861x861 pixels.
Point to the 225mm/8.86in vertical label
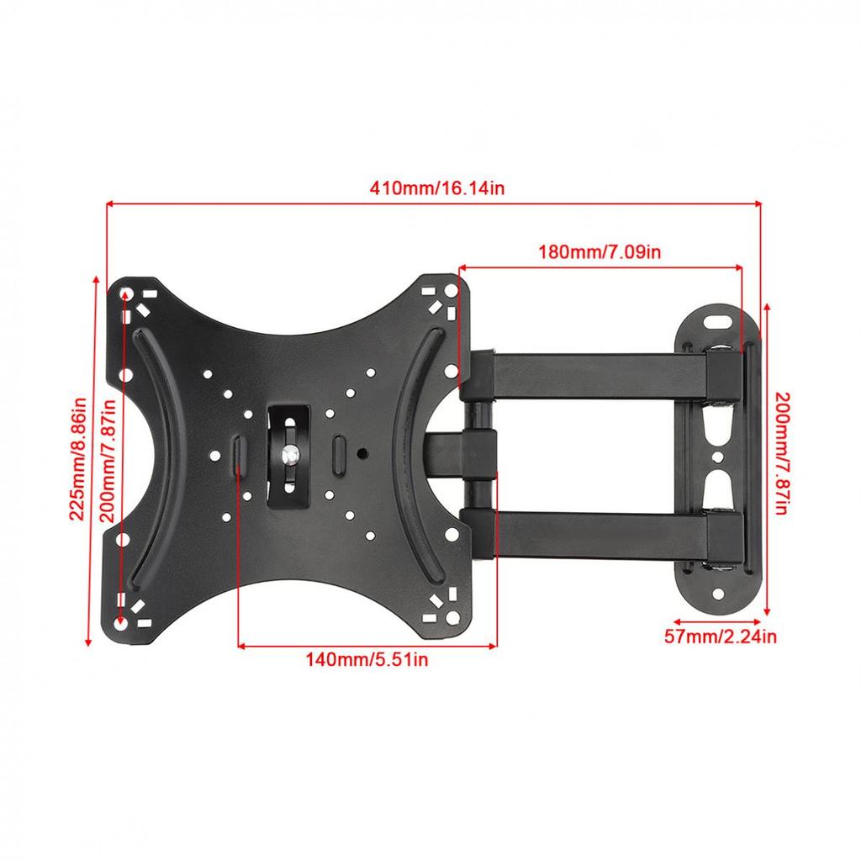(78, 459)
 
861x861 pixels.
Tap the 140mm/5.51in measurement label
(367, 660)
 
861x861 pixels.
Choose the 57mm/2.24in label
(721, 637)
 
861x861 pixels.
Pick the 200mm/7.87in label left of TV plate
(108, 460)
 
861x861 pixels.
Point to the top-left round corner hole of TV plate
(125, 294)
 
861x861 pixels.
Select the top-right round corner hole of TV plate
(452, 294)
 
